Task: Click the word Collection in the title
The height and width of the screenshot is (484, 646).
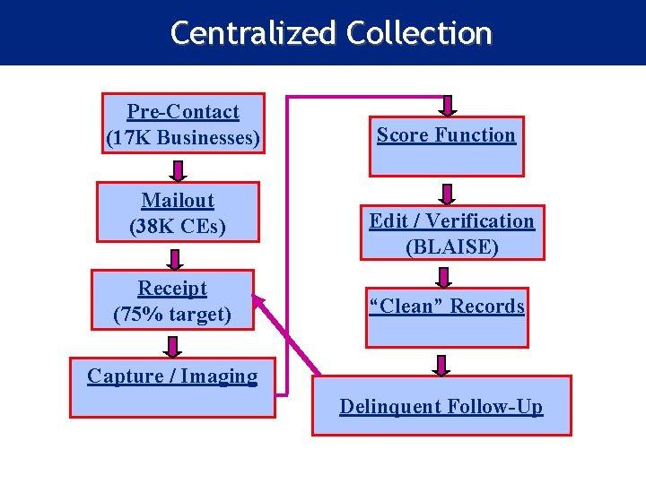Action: coord(419,33)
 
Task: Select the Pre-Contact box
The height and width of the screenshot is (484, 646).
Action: coord(183,123)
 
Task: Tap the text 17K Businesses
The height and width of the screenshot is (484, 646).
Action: coord(183,139)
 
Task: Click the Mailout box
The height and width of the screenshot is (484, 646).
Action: coord(178,212)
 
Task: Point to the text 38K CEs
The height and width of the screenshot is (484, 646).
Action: coord(178,227)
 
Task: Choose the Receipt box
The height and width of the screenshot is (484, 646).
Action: coord(172,300)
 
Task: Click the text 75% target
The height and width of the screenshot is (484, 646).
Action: coord(172,315)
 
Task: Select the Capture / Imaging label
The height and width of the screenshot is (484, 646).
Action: coord(172,376)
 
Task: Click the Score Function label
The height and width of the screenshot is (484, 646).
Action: coord(446,135)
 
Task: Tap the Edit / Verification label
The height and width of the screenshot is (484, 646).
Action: coord(451,221)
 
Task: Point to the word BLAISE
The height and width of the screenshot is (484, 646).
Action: coord(451,246)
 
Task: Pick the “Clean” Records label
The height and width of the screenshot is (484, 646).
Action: coord(447,307)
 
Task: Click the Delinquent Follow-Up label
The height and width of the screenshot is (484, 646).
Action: coord(441,407)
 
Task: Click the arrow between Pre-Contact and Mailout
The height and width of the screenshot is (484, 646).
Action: coord(179,169)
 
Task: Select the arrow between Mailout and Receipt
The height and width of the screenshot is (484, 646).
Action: coord(176,258)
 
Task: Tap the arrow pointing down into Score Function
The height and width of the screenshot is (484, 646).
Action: coord(448,107)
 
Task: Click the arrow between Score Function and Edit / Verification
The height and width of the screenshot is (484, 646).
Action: coord(447,194)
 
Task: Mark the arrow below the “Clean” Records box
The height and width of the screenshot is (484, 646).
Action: coord(441,364)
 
